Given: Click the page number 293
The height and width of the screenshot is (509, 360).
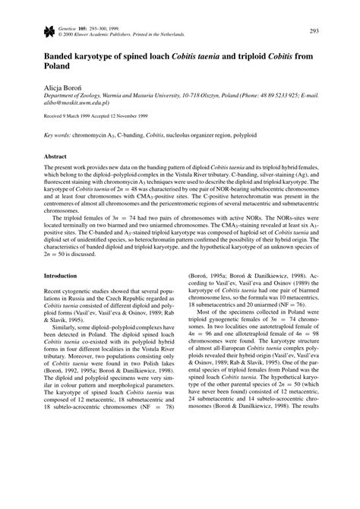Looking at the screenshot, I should tap(335, 31).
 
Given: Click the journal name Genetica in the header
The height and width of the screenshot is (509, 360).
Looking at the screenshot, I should tap(58, 27).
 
